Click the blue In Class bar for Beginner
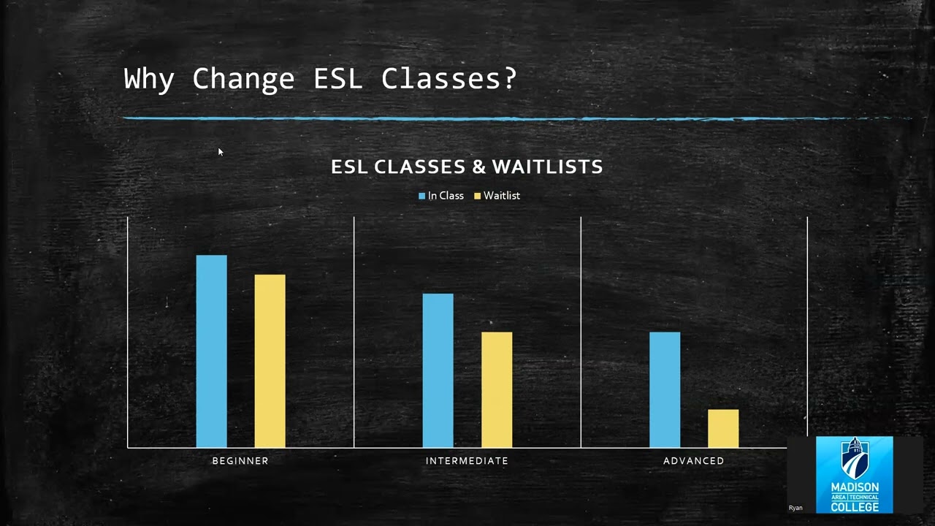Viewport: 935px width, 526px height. (x=211, y=351)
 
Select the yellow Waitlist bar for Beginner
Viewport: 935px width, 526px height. (x=270, y=361)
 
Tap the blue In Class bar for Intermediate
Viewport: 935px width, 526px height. (x=438, y=370)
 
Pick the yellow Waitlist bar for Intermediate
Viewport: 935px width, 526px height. (x=496, y=389)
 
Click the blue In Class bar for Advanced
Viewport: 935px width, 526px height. (x=664, y=389)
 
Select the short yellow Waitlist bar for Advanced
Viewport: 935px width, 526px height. (x=722, y=428)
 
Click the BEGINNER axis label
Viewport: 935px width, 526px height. (x=240, y=461)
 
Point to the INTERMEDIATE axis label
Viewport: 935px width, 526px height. (x=467, y=461)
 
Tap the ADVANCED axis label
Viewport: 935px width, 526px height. (x=693, y=461)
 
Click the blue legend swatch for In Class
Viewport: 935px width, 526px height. (x=421, y=196)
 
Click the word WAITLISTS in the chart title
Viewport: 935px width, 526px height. (x=547, y=167)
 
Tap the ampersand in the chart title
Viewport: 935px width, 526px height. (x=478, y=167)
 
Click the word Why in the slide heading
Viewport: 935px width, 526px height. (x=149, y=79)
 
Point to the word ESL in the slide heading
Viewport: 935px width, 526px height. (x=337, y=78)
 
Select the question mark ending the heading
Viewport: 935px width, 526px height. (x=509, y=78)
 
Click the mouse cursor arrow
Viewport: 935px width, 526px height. (x=220, y=151)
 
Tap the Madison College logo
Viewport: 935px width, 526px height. (x=854, y=474)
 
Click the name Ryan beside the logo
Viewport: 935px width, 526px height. (x=795, y=508)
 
